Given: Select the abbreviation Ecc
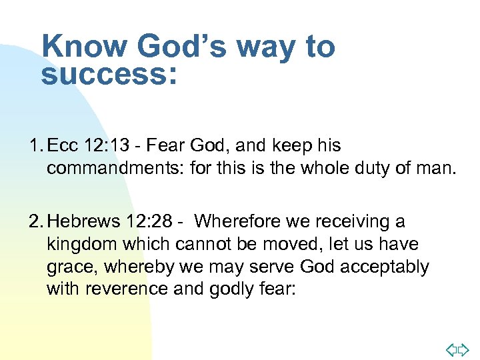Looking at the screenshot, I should point(63,145).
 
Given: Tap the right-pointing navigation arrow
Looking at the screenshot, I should point(464,347).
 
